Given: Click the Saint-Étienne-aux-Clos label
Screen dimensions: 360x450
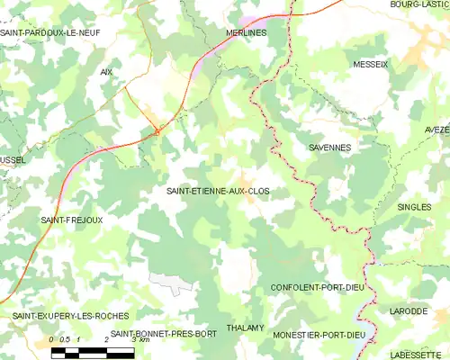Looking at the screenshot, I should point(218,192).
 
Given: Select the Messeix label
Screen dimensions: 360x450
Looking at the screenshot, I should point(371,65).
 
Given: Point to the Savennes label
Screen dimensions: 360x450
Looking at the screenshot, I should point(329,147).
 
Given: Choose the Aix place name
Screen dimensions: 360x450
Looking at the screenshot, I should point(106,71).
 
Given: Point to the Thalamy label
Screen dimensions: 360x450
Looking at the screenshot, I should point(245,328).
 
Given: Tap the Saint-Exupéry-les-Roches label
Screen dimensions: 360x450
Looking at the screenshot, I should point(70,316).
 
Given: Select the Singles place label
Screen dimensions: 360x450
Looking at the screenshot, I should point(414,207).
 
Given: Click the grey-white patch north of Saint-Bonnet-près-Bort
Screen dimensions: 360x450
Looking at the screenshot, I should point(171,282).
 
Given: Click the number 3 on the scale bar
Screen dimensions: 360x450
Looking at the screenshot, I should point(133,339).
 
